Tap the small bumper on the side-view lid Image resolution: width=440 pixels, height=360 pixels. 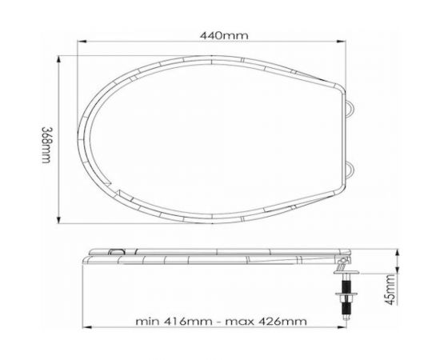tap(116, 253)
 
